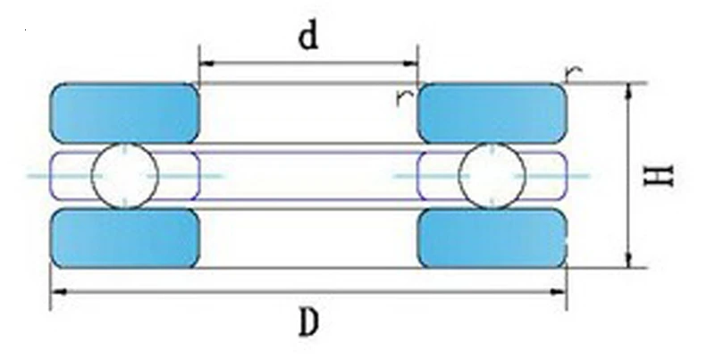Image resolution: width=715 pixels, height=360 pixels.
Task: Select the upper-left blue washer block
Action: pyautogui.click(x=124, y=113)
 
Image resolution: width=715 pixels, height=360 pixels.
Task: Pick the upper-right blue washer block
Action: pyautogui.click(x=492, y=113)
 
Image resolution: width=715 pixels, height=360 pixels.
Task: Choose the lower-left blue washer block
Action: pyautogui.click(x=124, y=238)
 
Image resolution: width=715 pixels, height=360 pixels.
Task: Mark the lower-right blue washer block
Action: pyautogui.click(x=492, y=238)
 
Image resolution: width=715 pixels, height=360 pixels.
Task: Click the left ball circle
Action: pyautogui.click(x=126, y=175)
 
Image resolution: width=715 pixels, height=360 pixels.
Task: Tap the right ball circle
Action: pyautogui.click(x=492, y=175)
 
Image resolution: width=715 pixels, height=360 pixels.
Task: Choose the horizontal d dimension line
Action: pyautogui.click(x=308, y=63)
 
